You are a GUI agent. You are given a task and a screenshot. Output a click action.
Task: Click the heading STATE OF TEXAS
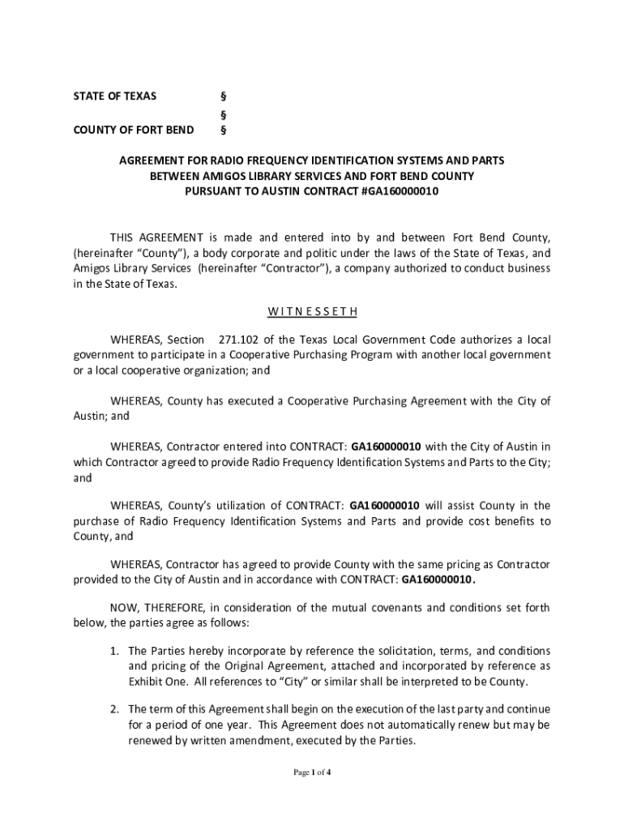[114, 96]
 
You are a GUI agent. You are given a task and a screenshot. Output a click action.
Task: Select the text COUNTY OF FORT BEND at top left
[134, 130]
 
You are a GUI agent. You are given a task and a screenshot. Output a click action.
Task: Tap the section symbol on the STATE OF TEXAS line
[224, 96]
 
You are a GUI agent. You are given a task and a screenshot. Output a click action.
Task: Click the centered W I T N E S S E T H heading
[311, 311]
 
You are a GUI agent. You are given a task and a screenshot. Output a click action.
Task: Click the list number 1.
[115, 651]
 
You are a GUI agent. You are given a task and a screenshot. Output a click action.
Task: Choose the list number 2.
[115, 709]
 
